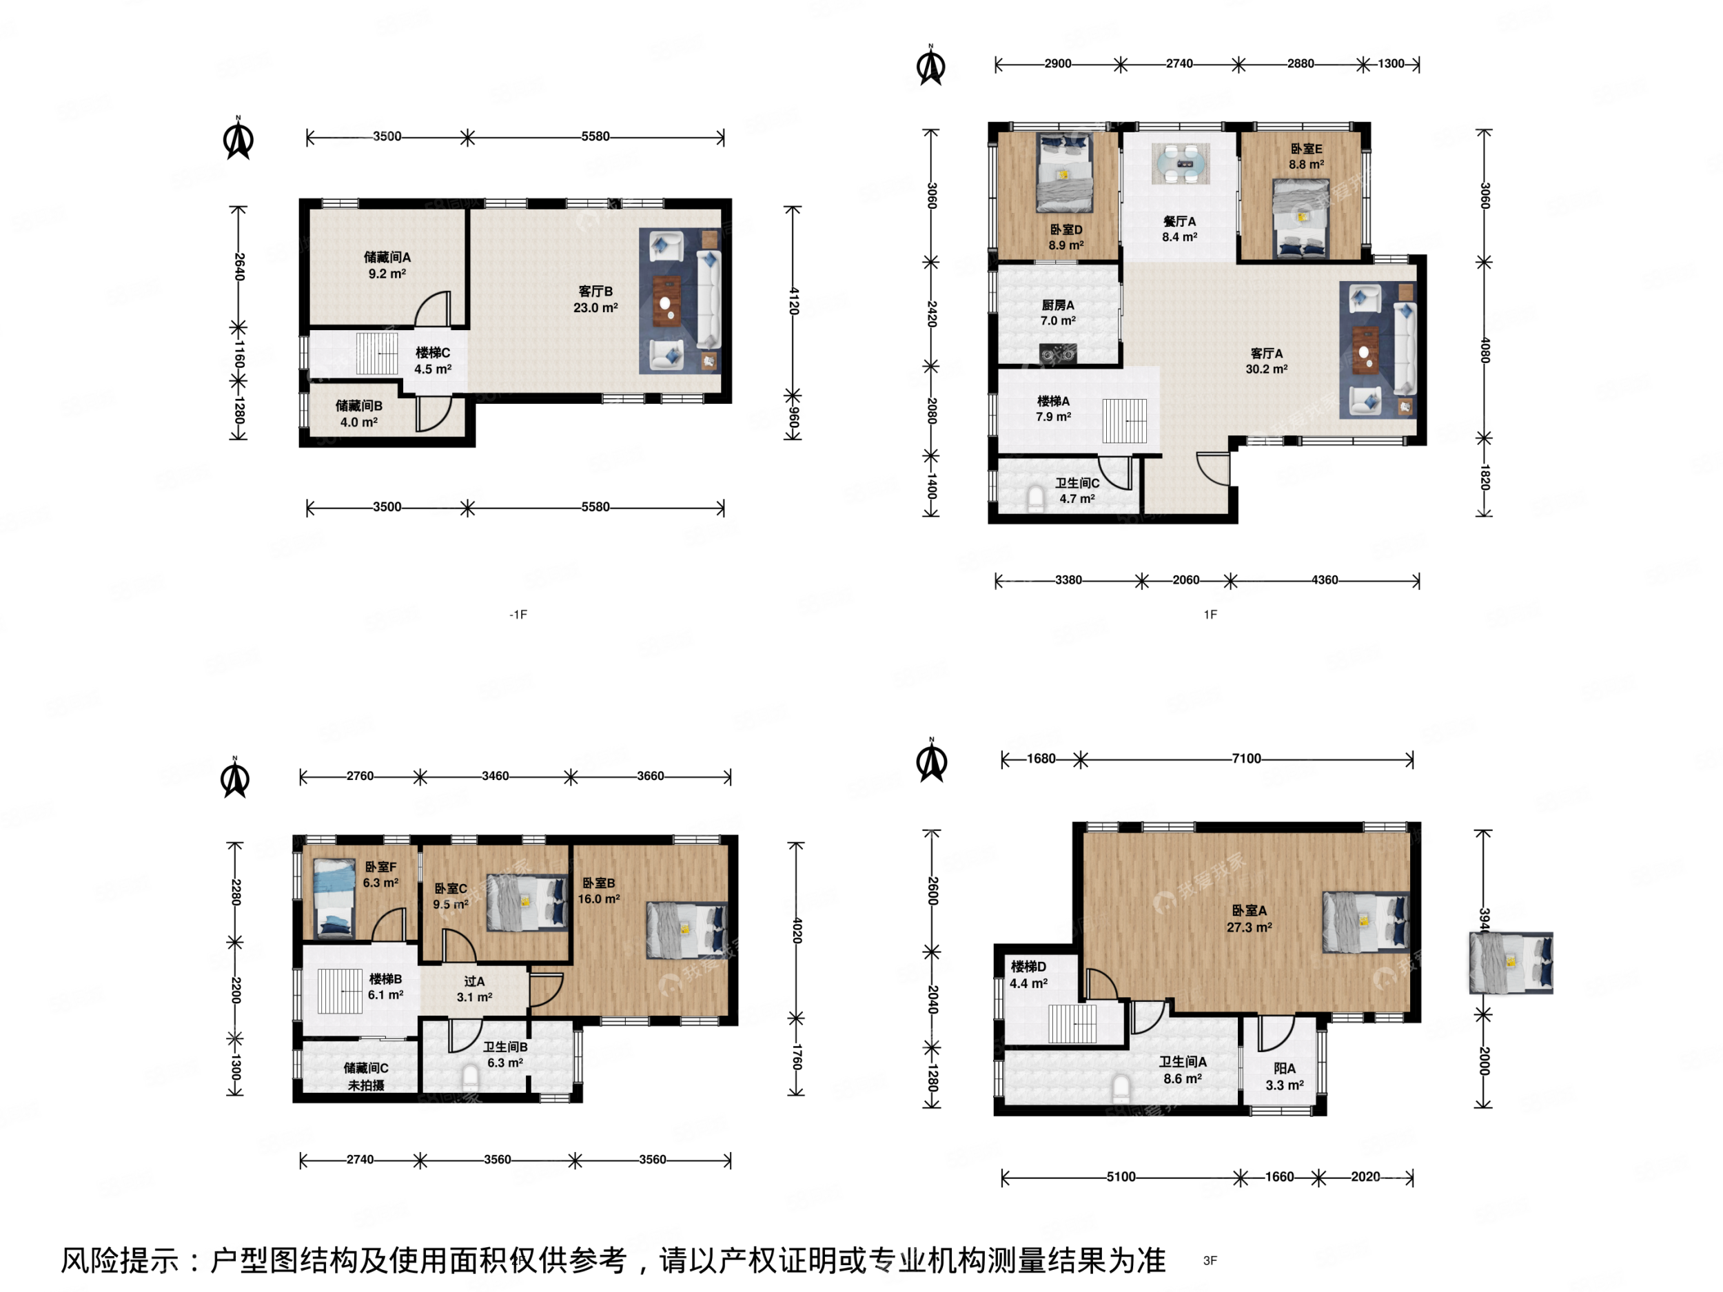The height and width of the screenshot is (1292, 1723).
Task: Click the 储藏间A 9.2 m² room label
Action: pyautogui.click(x=387, y=265)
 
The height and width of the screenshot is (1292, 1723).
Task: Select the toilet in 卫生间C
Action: pyautogui.click(x=1036, y=499)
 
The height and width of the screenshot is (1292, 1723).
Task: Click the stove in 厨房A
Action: pyautogui.click(x=1058, y=354)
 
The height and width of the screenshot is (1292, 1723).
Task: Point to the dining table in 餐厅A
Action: pyautogui.click(x=1180, y=163)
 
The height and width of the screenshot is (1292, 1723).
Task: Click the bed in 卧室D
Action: pyautogui.click(x=1064, y=173)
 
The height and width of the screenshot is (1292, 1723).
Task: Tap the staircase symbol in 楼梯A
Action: pyautogui.click(x=1124, y=420)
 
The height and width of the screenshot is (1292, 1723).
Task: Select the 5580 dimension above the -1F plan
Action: pyautogui.click(x=595, y=136)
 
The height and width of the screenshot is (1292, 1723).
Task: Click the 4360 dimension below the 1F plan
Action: pyautogui.click(x=1324, y=580)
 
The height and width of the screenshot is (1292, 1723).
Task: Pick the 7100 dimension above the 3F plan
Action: pyautogui.click(x=1245, y=759)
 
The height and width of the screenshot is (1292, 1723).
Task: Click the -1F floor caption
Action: pyautogui.click(x=518, y=615)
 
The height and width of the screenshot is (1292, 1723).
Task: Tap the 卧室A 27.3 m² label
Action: pyautogui.click(x=1250, y=919)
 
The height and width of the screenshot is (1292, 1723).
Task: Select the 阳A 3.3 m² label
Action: pyautogui.click(x=1285, y=1077)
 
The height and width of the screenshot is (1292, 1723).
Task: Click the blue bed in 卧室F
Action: pyautogui.click(x=334, y=898)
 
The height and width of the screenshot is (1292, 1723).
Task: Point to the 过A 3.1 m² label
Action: pyautogui.click(x=474, y=989)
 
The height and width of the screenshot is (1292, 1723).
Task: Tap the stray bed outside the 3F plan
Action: pyautogui.click(x=1510, y=963)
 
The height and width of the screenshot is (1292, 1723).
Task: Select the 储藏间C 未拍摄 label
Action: pyautogui.click(x=366, y=1076)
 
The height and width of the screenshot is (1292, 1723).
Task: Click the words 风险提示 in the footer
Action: pyautogui.click(x=120, y=1260)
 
